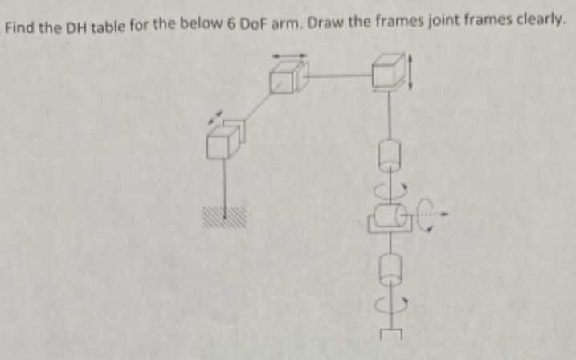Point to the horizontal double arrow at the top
click(x=288, y=55)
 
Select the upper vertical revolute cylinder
click(x=389, y=153)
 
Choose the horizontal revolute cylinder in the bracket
click(x=389, y=218)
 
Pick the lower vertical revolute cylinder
click(x=389, y=268)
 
